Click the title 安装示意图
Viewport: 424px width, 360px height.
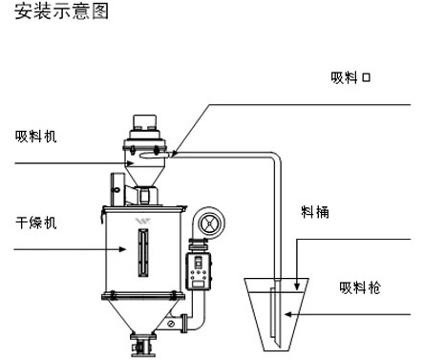click(61, 11)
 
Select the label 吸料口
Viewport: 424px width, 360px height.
click(350, 77)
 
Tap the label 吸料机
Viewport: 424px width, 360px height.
click(36, 137)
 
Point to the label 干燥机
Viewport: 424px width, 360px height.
click(36, 222)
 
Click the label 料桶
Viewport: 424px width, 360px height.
click(315, 212)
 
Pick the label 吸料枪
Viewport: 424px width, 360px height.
click(360, 287)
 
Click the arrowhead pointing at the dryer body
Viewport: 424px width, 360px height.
click(123, 249)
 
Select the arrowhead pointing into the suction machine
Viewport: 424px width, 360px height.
click(130, 163)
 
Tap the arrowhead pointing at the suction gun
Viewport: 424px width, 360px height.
click(288, 314)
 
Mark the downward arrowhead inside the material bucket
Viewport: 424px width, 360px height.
click(297, 286)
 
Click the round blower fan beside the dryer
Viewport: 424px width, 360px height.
click(209, 222)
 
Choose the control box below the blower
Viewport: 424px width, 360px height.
click(199, 271)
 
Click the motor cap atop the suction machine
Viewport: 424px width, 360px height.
click(145, 122)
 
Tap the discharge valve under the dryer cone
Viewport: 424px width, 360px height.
click(143, 345)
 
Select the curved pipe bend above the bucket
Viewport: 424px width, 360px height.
click(276, 157)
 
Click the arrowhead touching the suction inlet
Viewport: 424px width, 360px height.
click(175, 154)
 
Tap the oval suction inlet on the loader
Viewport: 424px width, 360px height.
click(156, 155)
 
